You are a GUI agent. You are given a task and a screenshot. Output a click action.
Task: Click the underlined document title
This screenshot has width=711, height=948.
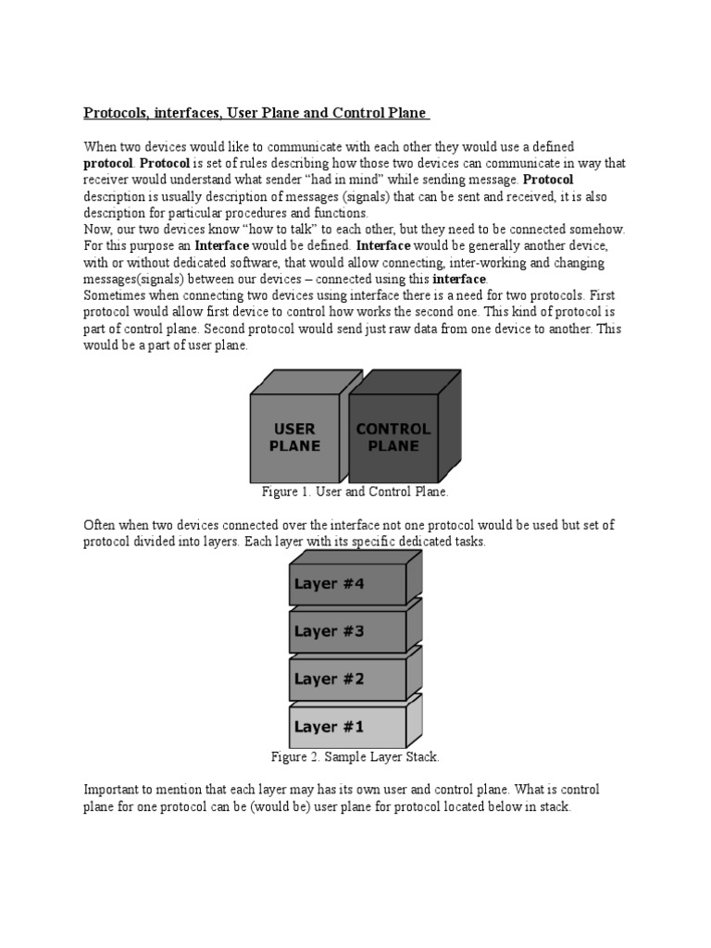tap(256, 113)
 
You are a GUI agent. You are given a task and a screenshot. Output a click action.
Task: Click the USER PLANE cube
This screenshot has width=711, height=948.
tap(293, 437)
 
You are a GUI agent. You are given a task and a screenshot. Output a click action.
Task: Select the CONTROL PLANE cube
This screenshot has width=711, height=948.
tap(393, 437)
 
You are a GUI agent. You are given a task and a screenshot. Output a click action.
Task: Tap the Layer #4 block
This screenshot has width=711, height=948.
tap(347, 584)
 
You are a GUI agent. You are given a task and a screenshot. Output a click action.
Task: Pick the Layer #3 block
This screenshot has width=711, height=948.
tap(347, 631)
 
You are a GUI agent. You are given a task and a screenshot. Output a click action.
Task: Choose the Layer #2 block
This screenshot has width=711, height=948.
tap(347, 679)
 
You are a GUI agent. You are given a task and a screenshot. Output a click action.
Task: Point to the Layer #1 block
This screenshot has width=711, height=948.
tap(347, 727)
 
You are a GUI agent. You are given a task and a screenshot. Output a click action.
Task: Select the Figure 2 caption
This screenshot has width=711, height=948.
tap(355, 757)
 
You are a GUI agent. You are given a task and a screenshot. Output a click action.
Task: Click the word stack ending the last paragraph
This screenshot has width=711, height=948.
tap(557, 806)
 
